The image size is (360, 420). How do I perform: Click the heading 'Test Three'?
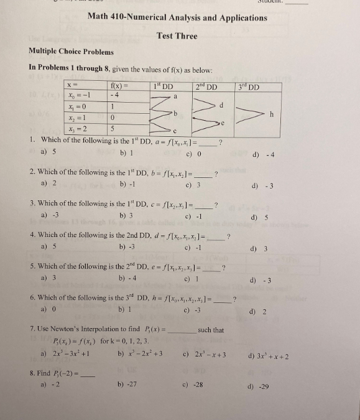pos(177,35)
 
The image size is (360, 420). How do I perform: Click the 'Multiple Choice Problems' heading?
pos(71,51)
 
